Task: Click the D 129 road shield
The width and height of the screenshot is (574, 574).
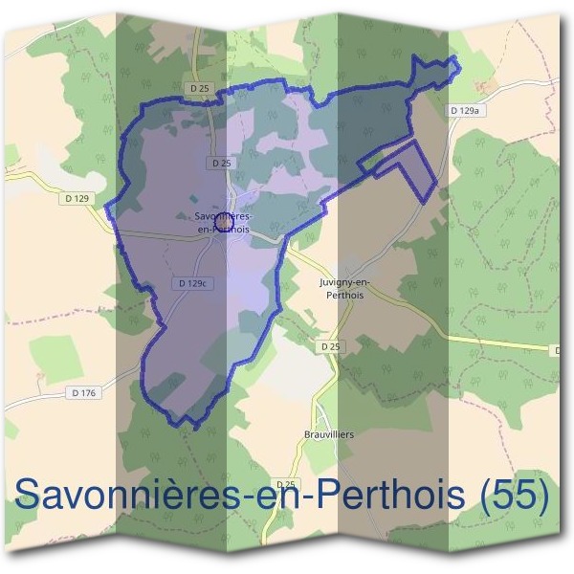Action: point(78,198)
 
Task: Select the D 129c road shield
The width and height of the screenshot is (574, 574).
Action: point(192,283)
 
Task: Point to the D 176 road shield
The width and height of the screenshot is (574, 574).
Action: point(84,392)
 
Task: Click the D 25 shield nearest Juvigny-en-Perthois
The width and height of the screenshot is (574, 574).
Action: point(331,345)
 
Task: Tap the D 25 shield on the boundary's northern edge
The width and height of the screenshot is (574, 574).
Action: point(199,88)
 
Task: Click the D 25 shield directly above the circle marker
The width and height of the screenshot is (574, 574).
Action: point(221,164)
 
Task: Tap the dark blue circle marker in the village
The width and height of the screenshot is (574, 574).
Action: point(222,223)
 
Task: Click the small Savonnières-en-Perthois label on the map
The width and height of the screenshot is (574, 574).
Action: point(222,223)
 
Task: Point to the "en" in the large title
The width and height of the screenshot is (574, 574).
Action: point(280,497)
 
